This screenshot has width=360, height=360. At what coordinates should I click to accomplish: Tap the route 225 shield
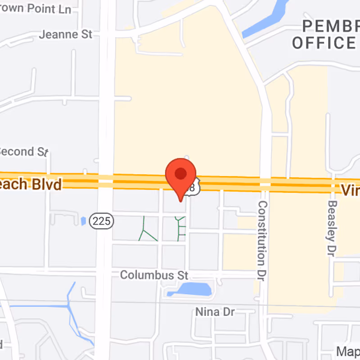point(101,221)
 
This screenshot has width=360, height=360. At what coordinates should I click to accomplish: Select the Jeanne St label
point(66,34)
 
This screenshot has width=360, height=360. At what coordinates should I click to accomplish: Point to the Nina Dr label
point(215,311)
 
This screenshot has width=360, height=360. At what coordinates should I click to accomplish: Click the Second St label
point(22,152)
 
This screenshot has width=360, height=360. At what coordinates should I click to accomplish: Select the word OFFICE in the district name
point(324,43)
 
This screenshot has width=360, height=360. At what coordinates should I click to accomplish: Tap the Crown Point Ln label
point(36,9)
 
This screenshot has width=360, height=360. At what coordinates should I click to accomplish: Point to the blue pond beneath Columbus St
point(192,289)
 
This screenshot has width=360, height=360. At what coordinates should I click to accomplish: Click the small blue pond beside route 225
point(83,221)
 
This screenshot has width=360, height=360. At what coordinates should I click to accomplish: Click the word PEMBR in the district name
point(331,26)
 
